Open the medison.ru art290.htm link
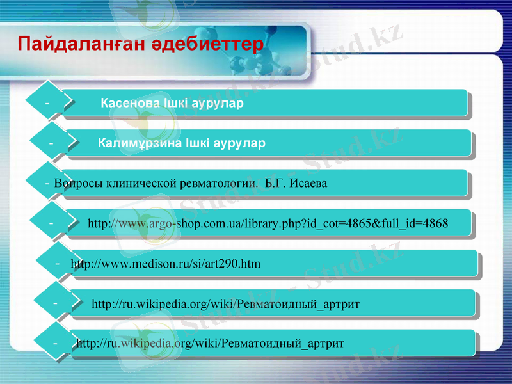click(x=165, y=264)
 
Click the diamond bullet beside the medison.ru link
click(x=58, y=263)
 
